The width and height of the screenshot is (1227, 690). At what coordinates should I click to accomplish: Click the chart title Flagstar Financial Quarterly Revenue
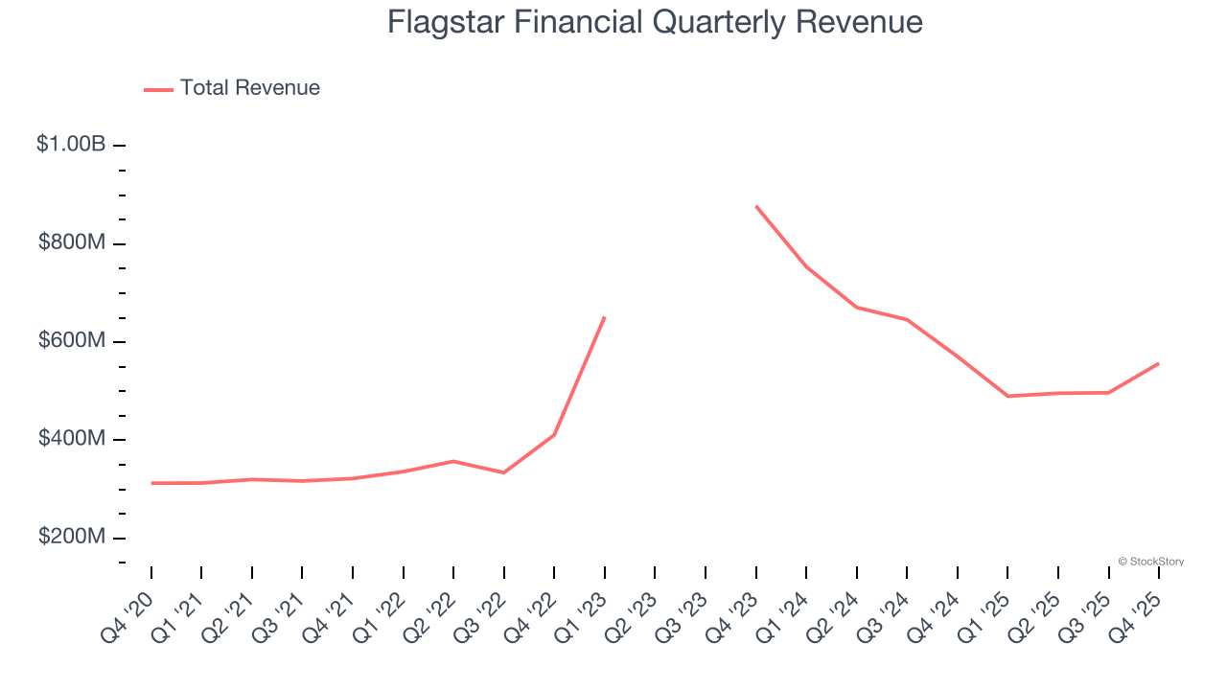coord(655,22)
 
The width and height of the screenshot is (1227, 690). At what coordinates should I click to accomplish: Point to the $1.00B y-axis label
coord(71,145)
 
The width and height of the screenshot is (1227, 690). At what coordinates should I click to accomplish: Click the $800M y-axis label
coord(72,243)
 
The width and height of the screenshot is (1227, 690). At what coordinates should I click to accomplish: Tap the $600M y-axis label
coord(72,341)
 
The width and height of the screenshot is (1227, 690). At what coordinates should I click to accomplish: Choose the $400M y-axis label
coord(72,439)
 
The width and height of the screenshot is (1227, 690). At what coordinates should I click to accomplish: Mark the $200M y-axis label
coord(72,537)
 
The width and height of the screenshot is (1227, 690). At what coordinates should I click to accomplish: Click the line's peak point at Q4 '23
coord(756,206)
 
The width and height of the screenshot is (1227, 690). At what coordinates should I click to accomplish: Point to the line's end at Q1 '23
coord(605,317)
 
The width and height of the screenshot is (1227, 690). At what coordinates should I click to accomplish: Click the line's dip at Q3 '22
coord(504,472)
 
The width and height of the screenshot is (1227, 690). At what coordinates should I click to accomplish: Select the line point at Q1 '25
coord(1007,396)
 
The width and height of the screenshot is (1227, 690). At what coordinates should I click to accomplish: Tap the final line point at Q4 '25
coord(1158,363)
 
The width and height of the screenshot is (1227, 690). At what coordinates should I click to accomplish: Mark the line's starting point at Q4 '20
coord(151,483)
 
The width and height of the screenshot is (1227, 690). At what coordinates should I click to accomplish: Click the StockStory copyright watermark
coord(1150,562)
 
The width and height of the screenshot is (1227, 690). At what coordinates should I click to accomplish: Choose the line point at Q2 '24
coord(856,307)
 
